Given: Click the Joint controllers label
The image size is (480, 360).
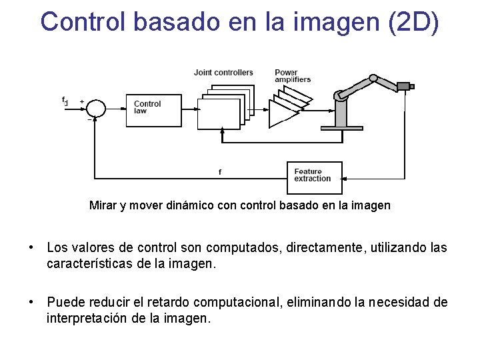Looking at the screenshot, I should [x=223, y=73].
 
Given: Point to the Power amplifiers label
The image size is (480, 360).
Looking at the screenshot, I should [x=292, y=76].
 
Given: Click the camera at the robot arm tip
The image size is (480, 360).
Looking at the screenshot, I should [x=405, y=86].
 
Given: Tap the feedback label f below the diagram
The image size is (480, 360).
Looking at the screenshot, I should [x=220, y=172].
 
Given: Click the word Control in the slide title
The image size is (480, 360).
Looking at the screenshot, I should [x=83, y=21].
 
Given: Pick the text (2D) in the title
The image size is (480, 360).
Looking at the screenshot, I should [x=412, y=21].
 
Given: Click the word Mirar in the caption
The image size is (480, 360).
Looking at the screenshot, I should [x=103, y=205].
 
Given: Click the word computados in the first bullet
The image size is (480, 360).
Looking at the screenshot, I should [x=250, y=248].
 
